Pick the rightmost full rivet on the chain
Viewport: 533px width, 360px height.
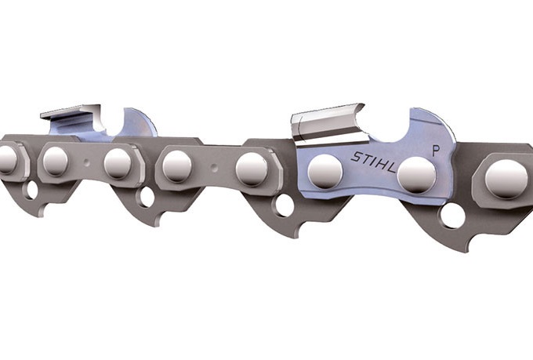coord(506,179)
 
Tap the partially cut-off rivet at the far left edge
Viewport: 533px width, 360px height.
coord(6,159)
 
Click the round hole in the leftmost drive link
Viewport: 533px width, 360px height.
coord(31,189)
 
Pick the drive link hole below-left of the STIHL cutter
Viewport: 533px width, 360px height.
coord(283,205)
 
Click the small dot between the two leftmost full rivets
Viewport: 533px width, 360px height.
coord(87,162)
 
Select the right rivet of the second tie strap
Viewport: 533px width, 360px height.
coord(252,169)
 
